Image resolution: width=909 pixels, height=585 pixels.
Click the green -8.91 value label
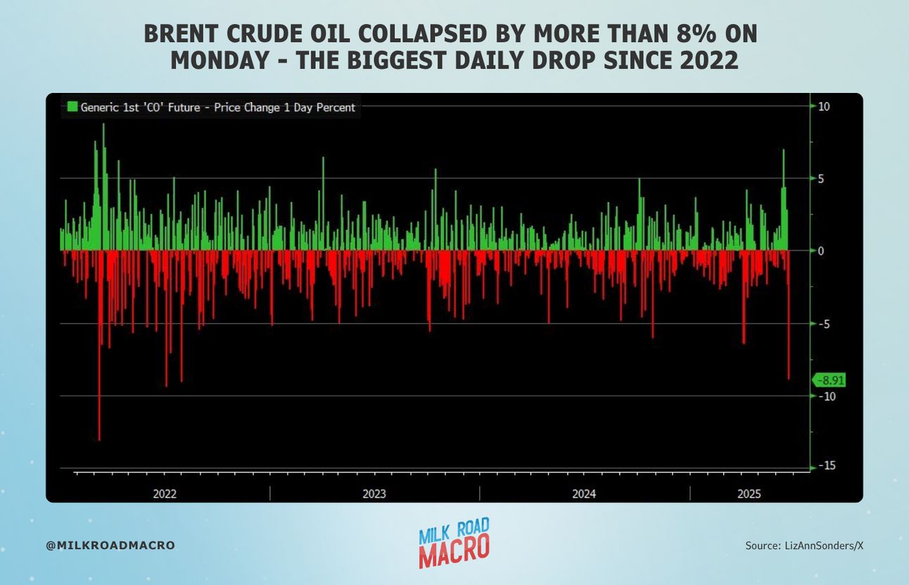pos(829,380)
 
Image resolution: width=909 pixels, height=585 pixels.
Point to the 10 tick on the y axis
pos(824,106)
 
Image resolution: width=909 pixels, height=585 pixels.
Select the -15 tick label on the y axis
pos(827,465)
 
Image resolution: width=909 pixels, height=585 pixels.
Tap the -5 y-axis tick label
pos(824,324)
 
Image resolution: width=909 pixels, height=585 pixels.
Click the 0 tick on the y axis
pos(821,251)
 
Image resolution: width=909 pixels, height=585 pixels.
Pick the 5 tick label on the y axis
pos(821,179)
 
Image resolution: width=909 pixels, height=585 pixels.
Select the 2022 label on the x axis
pos(165,493)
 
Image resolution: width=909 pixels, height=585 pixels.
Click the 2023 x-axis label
pos(374,493)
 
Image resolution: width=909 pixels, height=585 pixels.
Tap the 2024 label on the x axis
pos(584,493)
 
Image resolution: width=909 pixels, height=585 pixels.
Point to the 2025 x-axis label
pos(749,493)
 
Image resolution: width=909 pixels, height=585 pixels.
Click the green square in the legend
pos(72,107)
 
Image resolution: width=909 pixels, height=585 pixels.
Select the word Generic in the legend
pos(100,107)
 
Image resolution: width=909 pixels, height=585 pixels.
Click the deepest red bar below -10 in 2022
pos(99,345)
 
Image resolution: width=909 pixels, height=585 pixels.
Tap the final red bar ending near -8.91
pos(789,315)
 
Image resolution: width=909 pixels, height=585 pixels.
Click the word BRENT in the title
pos(182,33)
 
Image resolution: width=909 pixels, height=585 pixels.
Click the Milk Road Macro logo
pos(454,543)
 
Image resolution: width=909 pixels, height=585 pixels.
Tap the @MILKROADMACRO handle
pos(110,545)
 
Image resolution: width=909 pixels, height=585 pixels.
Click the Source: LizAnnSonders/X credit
pos(804,546)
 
